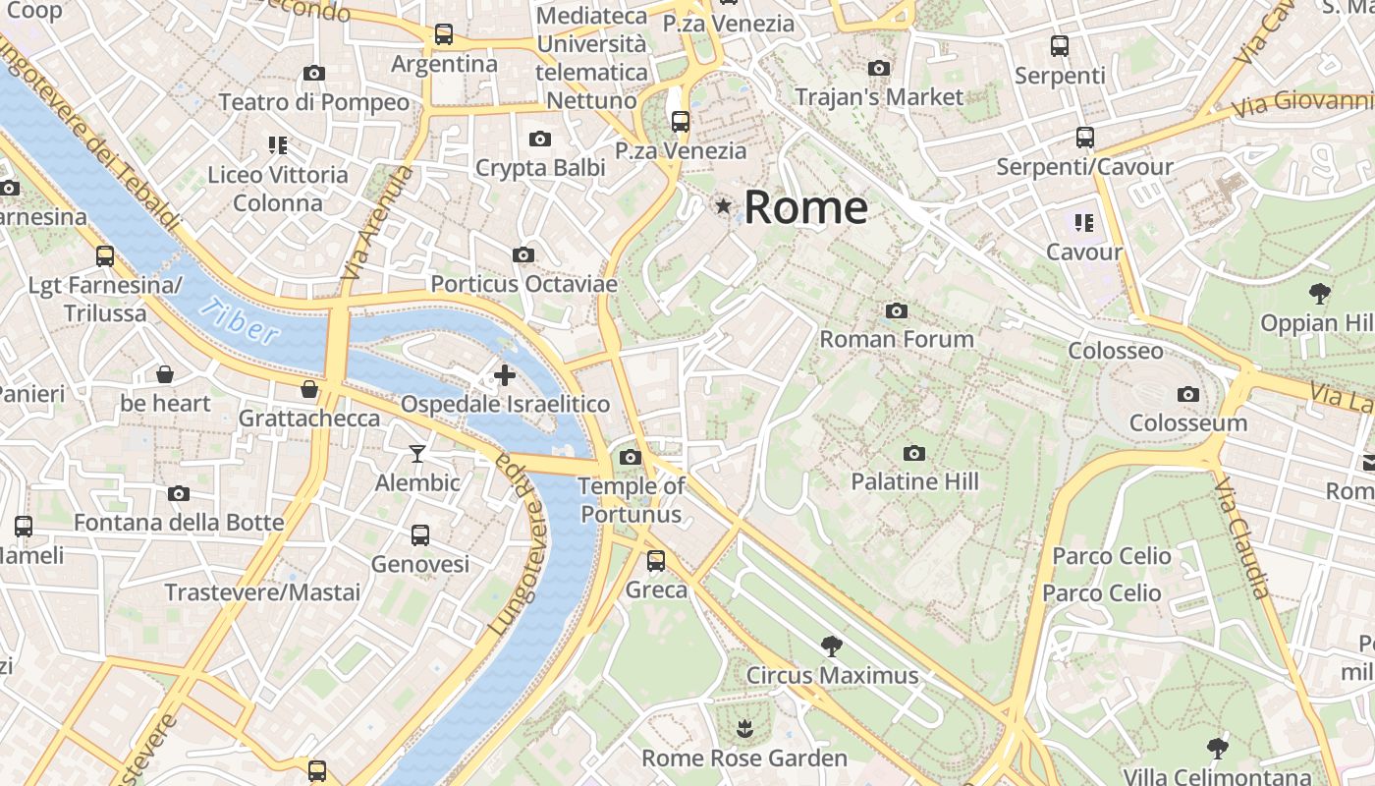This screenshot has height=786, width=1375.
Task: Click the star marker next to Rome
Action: coord(724,206)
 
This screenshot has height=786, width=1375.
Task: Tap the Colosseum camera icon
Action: coord(1187,395)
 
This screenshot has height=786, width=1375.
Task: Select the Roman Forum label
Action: coord(897,339)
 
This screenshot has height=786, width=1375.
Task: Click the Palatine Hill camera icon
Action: coord(914,454)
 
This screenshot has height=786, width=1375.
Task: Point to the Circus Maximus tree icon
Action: coord(832,646)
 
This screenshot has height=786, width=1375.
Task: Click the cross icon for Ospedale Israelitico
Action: coord(504,375)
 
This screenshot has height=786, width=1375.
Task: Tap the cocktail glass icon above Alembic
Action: coord(417,454)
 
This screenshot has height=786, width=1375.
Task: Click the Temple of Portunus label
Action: coord(631,499)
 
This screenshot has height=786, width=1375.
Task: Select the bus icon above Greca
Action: coord(655,561)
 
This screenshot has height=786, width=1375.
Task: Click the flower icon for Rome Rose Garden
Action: coord(743,729)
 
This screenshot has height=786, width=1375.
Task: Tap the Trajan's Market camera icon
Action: coord(879,69)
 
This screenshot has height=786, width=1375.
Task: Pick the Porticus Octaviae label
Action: coord(524,285)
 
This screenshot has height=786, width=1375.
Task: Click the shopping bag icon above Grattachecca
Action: coord(309,390)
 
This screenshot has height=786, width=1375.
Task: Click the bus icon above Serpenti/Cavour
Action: coord(1084,138)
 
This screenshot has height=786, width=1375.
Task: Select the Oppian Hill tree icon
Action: coord(1319,293)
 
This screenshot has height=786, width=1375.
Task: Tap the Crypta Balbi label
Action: coord(540,168)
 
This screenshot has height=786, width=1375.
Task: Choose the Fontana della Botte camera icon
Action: coord(178,493)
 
